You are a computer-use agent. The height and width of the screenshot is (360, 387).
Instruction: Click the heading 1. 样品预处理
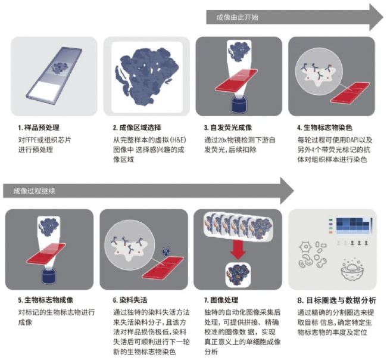(39, 128)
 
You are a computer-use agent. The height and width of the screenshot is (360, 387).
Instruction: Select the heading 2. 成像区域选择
(137, 128)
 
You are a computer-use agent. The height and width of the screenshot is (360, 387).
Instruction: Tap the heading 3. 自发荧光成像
(228, 128)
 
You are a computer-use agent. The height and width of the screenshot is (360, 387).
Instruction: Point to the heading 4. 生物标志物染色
(324, 128)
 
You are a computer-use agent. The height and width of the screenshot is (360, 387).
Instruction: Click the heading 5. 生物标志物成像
(46, 300)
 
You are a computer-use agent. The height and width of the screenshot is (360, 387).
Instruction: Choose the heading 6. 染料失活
(130, 300)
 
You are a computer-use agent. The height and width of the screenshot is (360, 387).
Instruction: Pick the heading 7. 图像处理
(221, 300)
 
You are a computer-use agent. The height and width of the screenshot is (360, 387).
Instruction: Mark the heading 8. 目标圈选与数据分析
(336, 300)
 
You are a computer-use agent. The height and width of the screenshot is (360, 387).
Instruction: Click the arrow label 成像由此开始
(237, 17)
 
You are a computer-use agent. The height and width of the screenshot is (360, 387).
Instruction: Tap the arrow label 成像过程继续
(34, 191)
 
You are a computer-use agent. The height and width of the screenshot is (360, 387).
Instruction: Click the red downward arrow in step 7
(238, 250)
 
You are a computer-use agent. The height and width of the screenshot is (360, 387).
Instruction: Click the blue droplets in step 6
(166, 251)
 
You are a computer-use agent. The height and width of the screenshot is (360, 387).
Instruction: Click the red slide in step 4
(350, 92)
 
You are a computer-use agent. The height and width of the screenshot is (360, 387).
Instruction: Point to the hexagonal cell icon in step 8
(305, 247)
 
